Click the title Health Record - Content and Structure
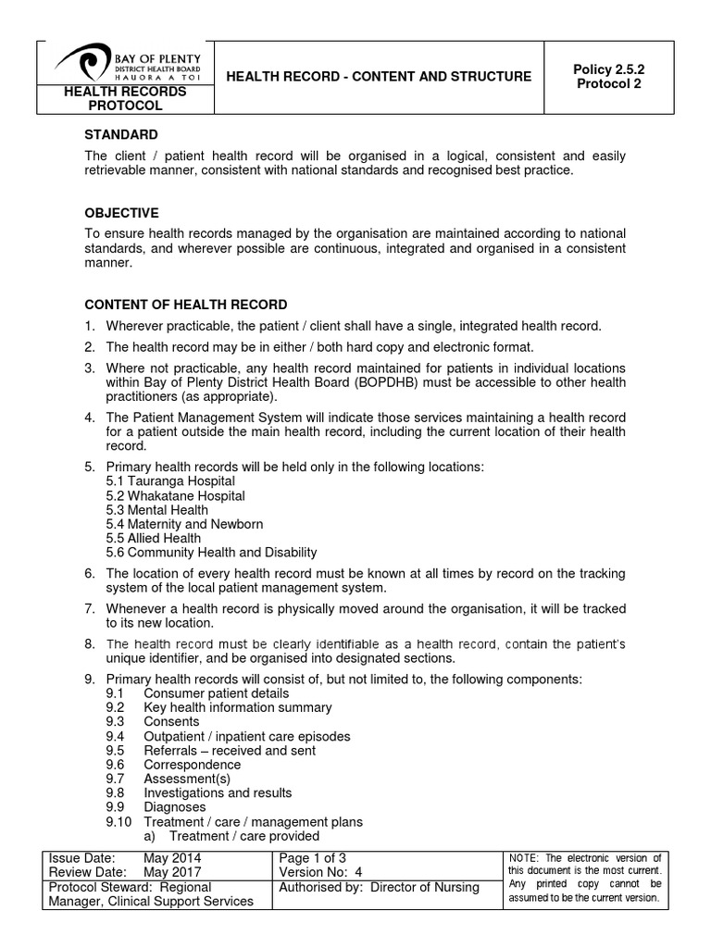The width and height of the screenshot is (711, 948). coord(380,76)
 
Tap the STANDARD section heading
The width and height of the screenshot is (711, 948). coord(121,135)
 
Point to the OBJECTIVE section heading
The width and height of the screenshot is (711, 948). coord(122,213)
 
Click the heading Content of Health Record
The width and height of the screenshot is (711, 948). coord(186,305)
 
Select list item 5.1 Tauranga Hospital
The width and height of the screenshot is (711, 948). coord(170,481)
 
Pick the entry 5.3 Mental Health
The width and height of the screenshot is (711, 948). coord(157,510)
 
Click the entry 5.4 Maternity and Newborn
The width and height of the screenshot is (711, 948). coord(185,524)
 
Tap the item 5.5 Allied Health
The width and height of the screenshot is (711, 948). coord(154,538)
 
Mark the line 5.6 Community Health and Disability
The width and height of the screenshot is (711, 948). coord(212,553)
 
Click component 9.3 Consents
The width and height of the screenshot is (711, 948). coord(171,721)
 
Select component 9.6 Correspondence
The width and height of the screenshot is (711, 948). coord(192,765)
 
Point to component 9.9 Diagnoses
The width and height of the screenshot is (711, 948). coord(175,807)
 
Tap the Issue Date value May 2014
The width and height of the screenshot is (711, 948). coord(172,858)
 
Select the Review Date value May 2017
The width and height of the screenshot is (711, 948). coord(172,872)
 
